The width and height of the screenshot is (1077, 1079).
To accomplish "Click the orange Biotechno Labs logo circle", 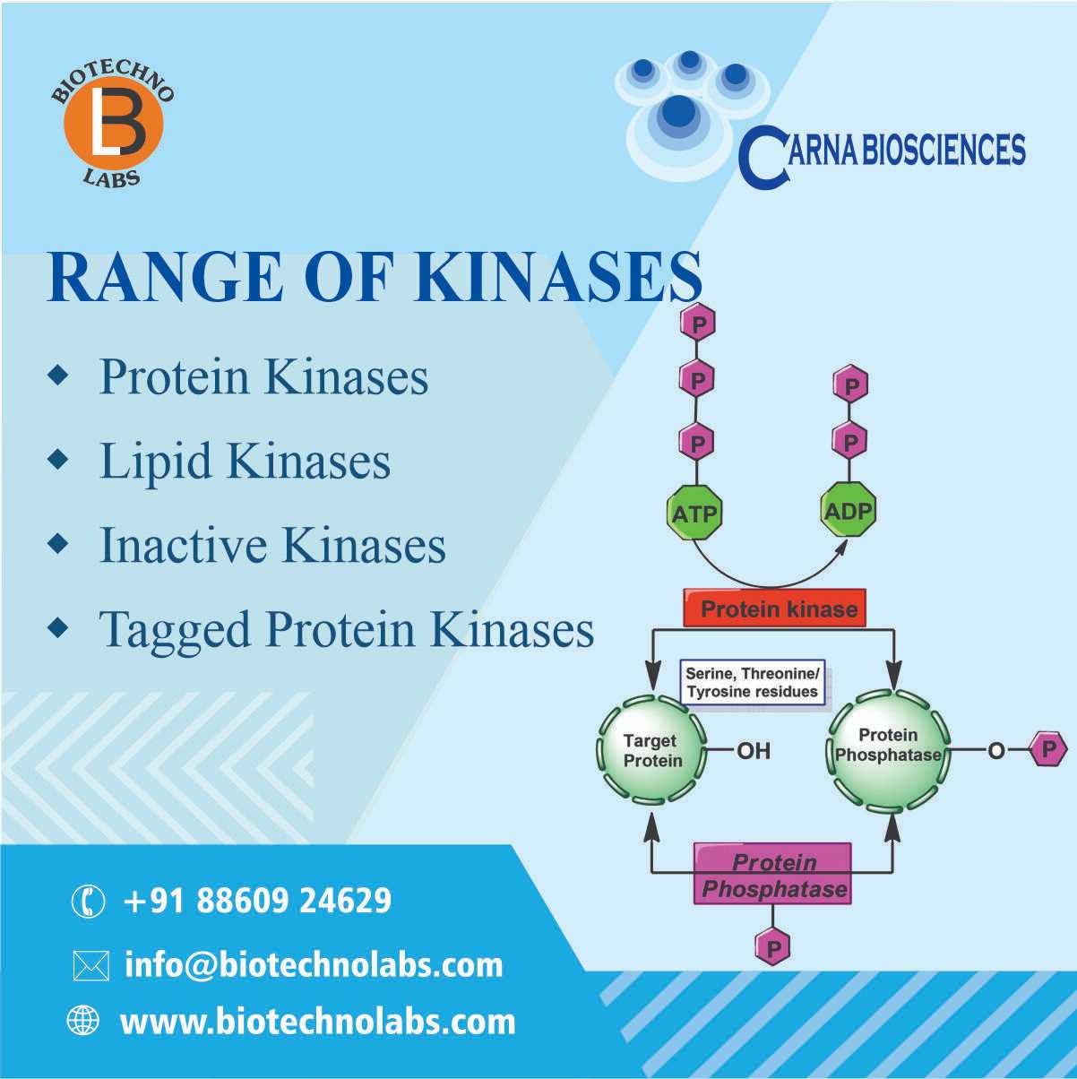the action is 114,124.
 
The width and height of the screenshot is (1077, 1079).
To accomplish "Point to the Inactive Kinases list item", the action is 272,545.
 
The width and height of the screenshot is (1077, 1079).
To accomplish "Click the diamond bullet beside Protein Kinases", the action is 58,375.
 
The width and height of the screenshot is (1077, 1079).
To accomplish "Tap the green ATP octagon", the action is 694,513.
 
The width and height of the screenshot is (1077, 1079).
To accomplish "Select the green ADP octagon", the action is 849,510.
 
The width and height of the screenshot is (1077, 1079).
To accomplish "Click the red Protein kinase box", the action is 774,609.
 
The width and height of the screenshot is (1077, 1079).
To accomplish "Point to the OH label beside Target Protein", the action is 754,750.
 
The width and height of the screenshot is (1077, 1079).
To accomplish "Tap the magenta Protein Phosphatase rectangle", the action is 773,876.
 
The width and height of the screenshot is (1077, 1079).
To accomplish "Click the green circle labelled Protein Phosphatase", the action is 889,749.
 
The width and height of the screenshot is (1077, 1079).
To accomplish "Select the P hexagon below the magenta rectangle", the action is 773,948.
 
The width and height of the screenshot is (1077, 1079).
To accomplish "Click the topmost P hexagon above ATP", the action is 698,324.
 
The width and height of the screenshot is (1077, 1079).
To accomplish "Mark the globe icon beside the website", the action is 83,1020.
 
